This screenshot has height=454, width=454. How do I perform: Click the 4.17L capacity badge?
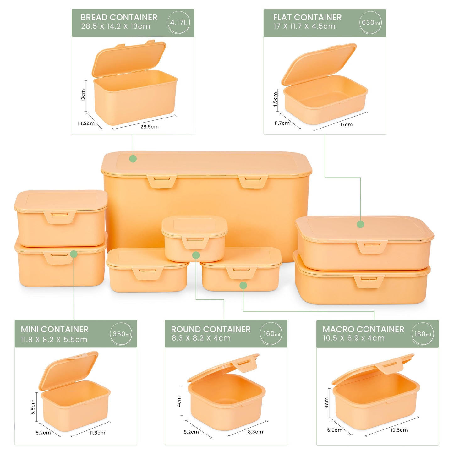178,22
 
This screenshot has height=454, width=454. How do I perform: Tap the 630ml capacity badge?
370,22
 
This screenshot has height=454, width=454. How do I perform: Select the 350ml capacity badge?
122,334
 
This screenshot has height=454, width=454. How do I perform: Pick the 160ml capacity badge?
271,334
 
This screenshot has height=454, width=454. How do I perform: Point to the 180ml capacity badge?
423,334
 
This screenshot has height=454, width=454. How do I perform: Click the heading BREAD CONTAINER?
119,17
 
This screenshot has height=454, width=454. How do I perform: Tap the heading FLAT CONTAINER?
307,17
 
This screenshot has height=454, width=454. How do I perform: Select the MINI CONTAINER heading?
55,329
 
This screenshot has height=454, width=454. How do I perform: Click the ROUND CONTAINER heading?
211,329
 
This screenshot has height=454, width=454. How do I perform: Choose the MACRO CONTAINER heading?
363,329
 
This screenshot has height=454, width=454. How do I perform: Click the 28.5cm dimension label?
150,127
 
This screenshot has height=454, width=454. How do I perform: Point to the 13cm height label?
83,95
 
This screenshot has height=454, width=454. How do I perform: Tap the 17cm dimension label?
346,125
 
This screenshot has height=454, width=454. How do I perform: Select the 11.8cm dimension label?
97,433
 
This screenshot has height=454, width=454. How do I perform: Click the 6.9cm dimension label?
335,430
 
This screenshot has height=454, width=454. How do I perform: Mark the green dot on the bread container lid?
133,159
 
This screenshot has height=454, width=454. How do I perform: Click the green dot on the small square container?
196,255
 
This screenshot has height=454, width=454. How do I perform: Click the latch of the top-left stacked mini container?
60,217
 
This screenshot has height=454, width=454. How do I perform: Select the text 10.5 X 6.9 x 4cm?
353,338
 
